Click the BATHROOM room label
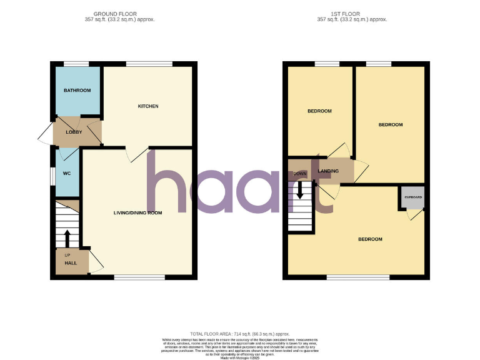[77, 91]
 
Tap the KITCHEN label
[148, 106]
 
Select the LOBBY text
[74, 132]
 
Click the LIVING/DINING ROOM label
[137, 212]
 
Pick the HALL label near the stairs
[71, 264]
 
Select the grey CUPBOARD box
[412, 197]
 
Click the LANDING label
[328, 171]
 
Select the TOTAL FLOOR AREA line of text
[240, 334]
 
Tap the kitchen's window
[149, 63]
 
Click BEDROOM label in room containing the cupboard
[370, 239]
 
